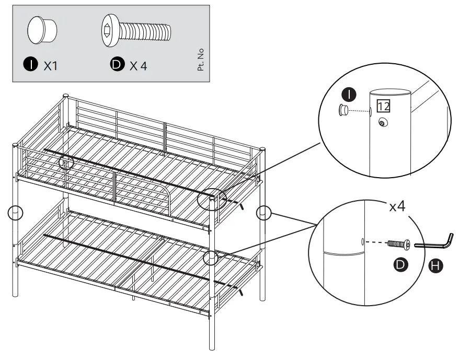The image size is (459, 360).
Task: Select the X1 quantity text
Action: coord(51,66)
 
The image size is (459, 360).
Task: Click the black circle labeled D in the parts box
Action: coord(116,65)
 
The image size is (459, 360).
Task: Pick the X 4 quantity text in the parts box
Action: coord(139,66)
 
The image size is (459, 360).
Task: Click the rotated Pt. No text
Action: coord(201,60)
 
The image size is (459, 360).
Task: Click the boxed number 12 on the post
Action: coord(383,107)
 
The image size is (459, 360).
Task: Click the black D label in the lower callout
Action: coord(400,265)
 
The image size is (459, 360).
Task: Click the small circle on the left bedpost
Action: coord(16,213)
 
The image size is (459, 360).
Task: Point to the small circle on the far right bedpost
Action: coord(264,213)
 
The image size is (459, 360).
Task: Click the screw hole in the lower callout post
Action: coord(363,242)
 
